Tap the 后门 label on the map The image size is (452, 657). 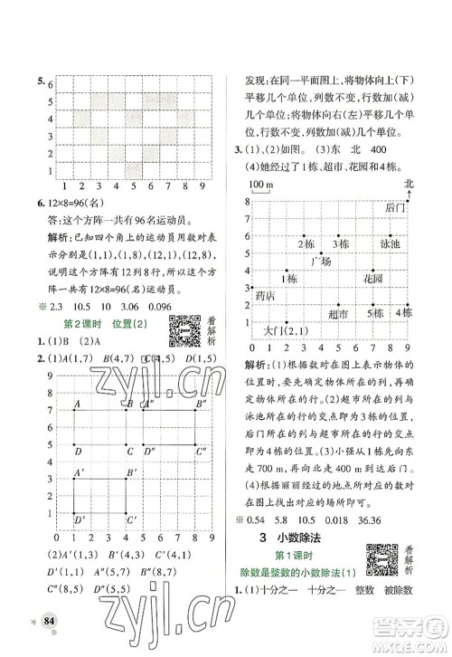(x=392, y=208)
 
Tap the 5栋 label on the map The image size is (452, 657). (x=373, y=313)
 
